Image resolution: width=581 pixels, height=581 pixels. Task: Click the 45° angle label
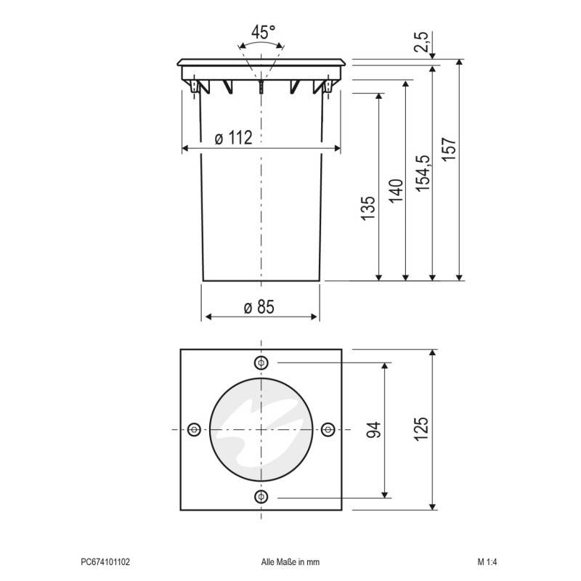[x=262, y=32]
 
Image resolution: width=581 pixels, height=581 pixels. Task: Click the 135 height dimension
[x=368, y=208]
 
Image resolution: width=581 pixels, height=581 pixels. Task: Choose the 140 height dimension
[x=396, y=190]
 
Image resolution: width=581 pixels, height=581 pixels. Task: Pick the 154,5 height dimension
[x=423, y=173]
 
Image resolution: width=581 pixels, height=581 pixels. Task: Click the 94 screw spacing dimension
[x=374, y=430]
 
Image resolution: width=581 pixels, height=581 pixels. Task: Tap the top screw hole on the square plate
[x=261, y=363]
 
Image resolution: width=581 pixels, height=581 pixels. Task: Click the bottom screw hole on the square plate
[x=261, y=497]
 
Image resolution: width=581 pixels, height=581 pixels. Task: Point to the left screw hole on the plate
[x=194, y=430]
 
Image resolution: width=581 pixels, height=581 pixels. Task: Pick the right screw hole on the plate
[x=328, y=430]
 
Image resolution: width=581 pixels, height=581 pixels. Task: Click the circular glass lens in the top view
[x=261, y=430]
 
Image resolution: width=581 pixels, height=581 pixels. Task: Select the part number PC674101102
[x=105, y=561]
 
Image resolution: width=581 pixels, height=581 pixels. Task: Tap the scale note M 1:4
[x=487, y=561]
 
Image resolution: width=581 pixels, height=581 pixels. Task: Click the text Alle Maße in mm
[x=290, y=561]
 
